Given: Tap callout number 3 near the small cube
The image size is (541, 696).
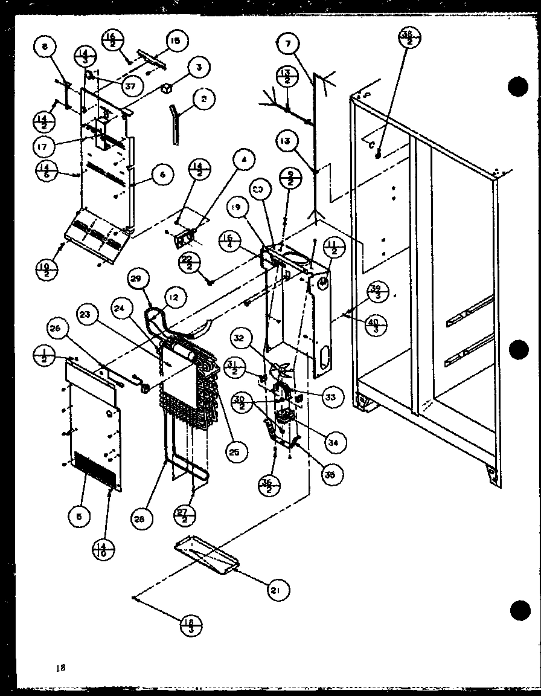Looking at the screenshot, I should point(196,68).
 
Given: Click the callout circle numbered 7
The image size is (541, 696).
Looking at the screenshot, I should point(289,44).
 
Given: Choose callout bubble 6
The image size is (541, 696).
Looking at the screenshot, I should point(162,175).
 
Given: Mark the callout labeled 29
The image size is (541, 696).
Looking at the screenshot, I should point(138,279).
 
